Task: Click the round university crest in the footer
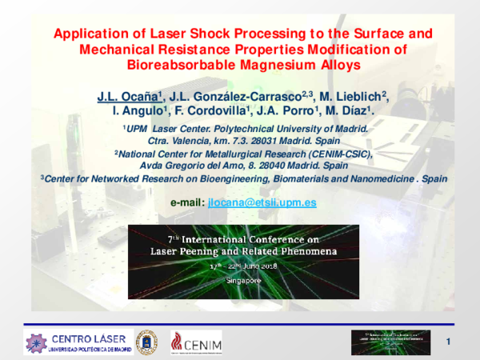click(147, 342)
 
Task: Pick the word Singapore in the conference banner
click(239, 282)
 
